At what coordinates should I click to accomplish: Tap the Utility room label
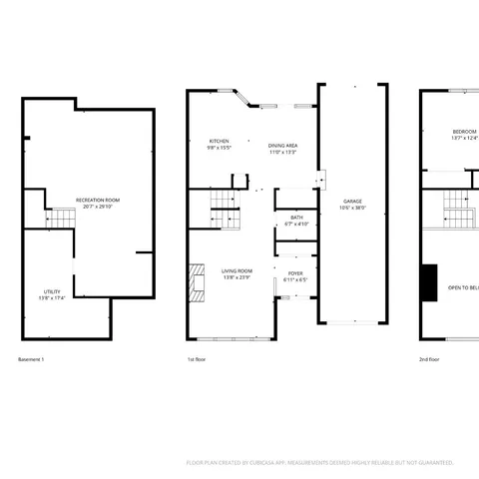(x=52, y=291)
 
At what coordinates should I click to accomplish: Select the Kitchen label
(x=220, y=141)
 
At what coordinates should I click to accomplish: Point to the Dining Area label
(x=282, y=146)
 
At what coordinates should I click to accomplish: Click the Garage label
(x=353, y=201)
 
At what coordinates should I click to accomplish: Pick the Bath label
(x=296, y=217)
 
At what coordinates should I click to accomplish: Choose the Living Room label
(x=237, y=270)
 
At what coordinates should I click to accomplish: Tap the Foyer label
(x=295, y=272)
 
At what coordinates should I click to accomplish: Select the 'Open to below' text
(x=463, y=286)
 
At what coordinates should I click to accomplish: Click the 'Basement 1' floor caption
(x=32, y=358)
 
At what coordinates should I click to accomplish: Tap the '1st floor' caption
(x=197, y=358)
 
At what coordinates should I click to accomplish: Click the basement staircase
(x=61, y=218)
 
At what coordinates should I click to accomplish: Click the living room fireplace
(x=195, y=282)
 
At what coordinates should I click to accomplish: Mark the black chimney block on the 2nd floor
(x=428, y=282)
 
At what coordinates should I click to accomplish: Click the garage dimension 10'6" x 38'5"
(x=353, y=208)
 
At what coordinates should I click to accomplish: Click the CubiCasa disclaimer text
(x=319, y=462)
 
